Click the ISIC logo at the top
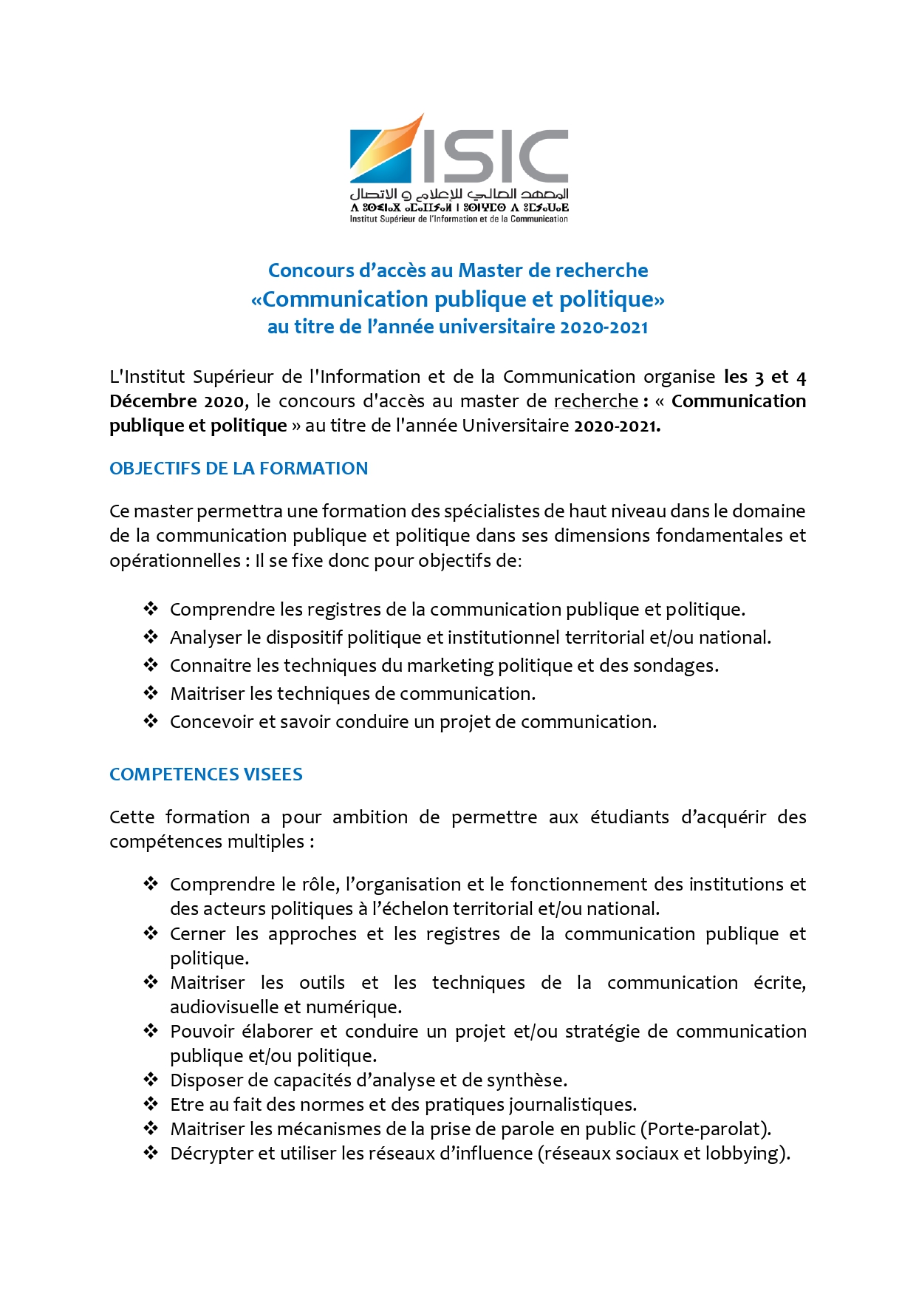(459, 168)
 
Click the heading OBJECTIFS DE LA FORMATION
(239, 469)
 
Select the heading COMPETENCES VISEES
(206, 775)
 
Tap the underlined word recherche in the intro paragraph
(596, 401)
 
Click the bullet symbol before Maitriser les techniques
(151, 693)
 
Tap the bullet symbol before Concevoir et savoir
(151, 721)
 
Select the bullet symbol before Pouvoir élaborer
(151, 1031)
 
